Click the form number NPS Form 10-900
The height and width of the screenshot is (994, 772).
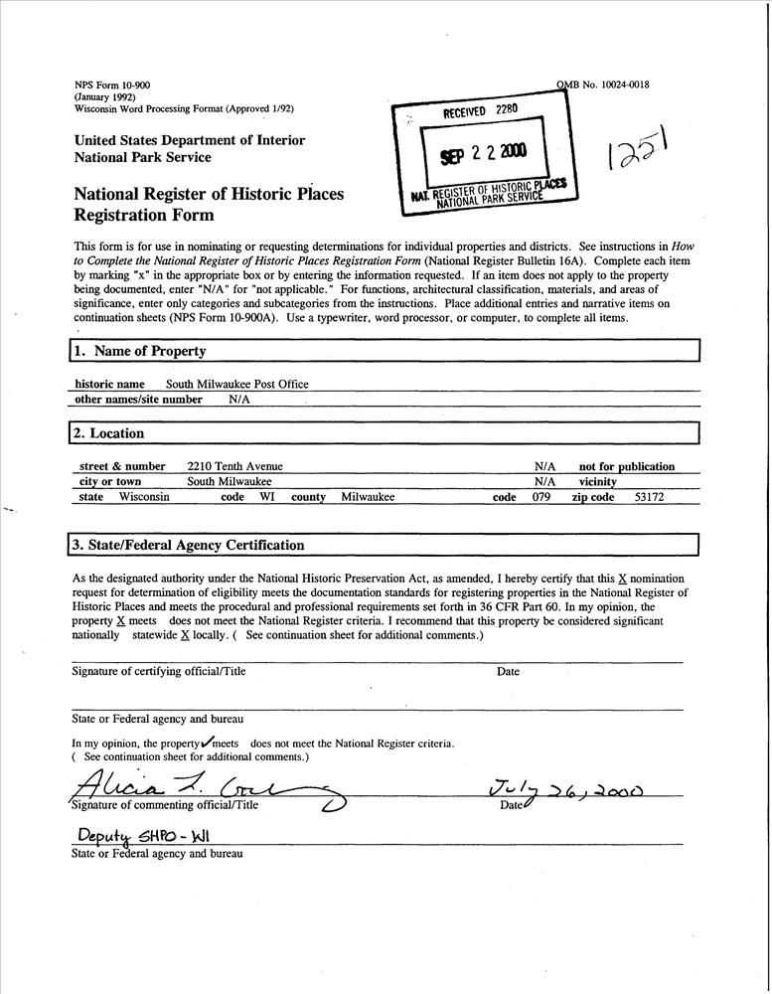[x=112, y=86]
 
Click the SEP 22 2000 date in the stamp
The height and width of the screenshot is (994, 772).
[x=485, y=151]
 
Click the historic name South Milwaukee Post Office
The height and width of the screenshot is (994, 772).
[x=236, y=384]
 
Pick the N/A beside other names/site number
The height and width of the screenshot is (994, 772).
[x=239, y=400]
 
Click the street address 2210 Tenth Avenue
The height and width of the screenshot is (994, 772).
[x=235, y=466]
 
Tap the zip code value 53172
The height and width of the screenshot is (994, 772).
[x=649, y=497]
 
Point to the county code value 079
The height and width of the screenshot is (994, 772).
[x=540, y=497]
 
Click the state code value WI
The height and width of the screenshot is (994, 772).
[x=267, y=497]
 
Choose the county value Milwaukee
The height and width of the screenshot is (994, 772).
[x=368, y=497]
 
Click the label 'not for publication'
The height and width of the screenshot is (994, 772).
[x=626, y=466]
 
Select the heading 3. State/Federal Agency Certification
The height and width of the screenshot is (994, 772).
[x=188, y=545]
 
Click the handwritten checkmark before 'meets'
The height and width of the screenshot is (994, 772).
[x=208, y=741]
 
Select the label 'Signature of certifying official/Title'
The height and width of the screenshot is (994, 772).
[x=159, y=671]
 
